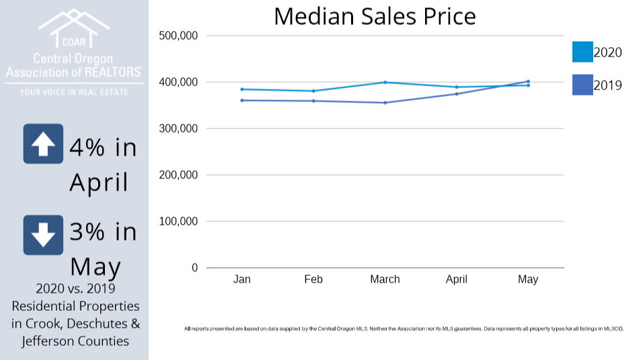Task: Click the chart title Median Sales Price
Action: point(375,16)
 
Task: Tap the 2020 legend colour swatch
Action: point(582,52)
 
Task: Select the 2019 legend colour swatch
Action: point(582,85)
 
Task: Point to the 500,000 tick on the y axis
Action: point(178,36)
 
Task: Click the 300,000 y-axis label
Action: point(178,129)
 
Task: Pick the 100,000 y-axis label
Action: point(178,221)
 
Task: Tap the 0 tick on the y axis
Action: point(194,268)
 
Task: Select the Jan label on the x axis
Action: point(242,279)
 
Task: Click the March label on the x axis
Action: point(385,279)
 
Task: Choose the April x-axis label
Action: point(457,279)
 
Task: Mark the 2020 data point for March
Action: point(385,82)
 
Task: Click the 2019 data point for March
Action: point(385,103)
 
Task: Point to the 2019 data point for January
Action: point(242,100)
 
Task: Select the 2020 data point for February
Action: point(313,91)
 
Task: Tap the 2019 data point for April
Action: point(457,94)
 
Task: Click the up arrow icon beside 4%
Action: point(43,144)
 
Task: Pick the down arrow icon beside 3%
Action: point(43,235)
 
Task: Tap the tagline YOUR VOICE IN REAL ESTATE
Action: point(73,92)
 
